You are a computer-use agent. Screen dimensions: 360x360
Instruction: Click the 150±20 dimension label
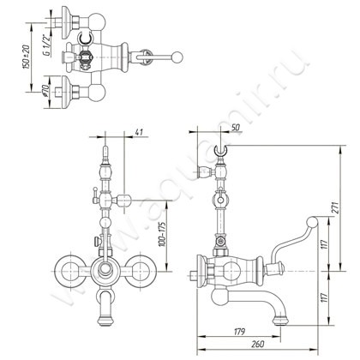point(26,57)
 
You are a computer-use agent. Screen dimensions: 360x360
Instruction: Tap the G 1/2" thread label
point(46,45)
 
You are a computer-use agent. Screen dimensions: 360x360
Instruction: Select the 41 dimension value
point(139,132)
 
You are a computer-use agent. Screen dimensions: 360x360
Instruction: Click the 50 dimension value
point(236,128)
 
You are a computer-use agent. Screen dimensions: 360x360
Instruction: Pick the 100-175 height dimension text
point(163,234)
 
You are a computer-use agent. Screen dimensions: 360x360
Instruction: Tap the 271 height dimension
point(335,207)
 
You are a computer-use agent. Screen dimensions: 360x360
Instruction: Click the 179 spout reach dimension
point(239,332)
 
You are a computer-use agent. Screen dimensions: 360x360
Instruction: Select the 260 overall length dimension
point(258,345)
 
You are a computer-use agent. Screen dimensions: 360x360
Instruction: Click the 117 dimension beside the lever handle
point(324,244)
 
